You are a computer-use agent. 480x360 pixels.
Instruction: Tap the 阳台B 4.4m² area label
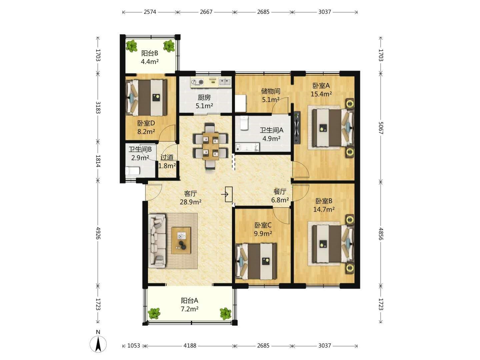[x=150, y=57]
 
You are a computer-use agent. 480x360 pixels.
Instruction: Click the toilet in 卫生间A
[x=244, y=123]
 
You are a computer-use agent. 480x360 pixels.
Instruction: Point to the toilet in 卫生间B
[x=133, y=171]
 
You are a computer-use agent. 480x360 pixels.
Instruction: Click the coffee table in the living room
[x=181, y=240]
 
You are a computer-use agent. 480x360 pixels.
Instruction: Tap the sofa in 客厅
[x=157, y=241]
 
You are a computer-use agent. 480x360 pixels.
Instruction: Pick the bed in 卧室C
[x=256, y=261]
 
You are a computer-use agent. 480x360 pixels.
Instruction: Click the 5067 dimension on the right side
[x=381, y=128]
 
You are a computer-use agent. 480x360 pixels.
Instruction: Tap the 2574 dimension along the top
[x=150, y=12]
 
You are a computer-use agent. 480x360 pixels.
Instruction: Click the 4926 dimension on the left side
[x=98, y=233]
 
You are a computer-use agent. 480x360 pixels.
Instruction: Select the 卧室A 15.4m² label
[x=321, y=90]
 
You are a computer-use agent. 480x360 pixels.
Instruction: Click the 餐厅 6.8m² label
[x=280, y=196]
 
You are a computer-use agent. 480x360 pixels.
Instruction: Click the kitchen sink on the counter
[x=225, y=82]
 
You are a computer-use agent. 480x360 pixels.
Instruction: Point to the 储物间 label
[x=271, y=91]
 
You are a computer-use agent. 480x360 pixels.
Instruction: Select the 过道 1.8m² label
[x=167, y=161]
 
